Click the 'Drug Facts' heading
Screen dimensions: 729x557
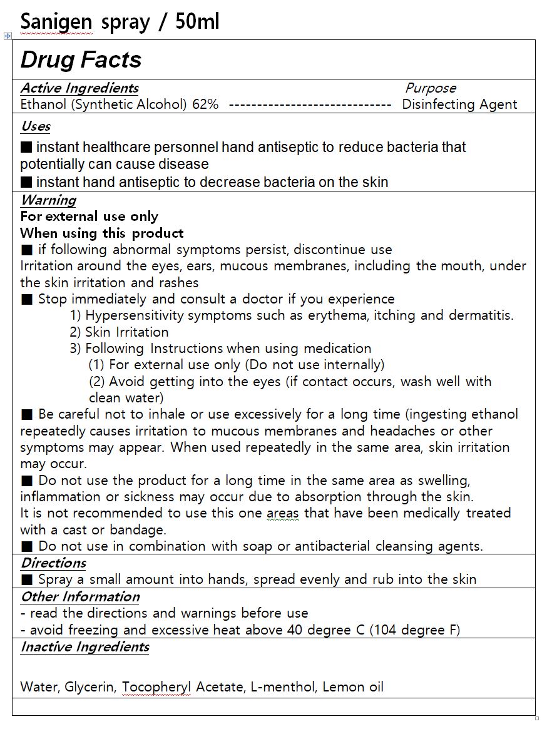[81, 60]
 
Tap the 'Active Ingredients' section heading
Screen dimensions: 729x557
[79, 88]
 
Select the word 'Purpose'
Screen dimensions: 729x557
[431, 88]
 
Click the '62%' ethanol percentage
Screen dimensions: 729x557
[205, 105]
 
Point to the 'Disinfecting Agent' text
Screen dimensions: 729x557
[459, 105]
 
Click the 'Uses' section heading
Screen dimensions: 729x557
[36, 126]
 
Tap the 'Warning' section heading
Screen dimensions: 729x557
[48, 200]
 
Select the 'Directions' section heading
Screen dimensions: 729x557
[53, 563]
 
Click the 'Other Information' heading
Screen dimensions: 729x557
[80, 597]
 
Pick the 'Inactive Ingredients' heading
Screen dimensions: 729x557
[84, 647]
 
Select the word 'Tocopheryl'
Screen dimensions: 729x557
[156, 687]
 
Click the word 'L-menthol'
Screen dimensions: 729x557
[284, 687]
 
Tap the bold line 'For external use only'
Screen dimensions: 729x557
[89, 217]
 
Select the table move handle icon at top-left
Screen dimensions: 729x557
[8, 36]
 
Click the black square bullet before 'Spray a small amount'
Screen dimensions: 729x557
[26, 579]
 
